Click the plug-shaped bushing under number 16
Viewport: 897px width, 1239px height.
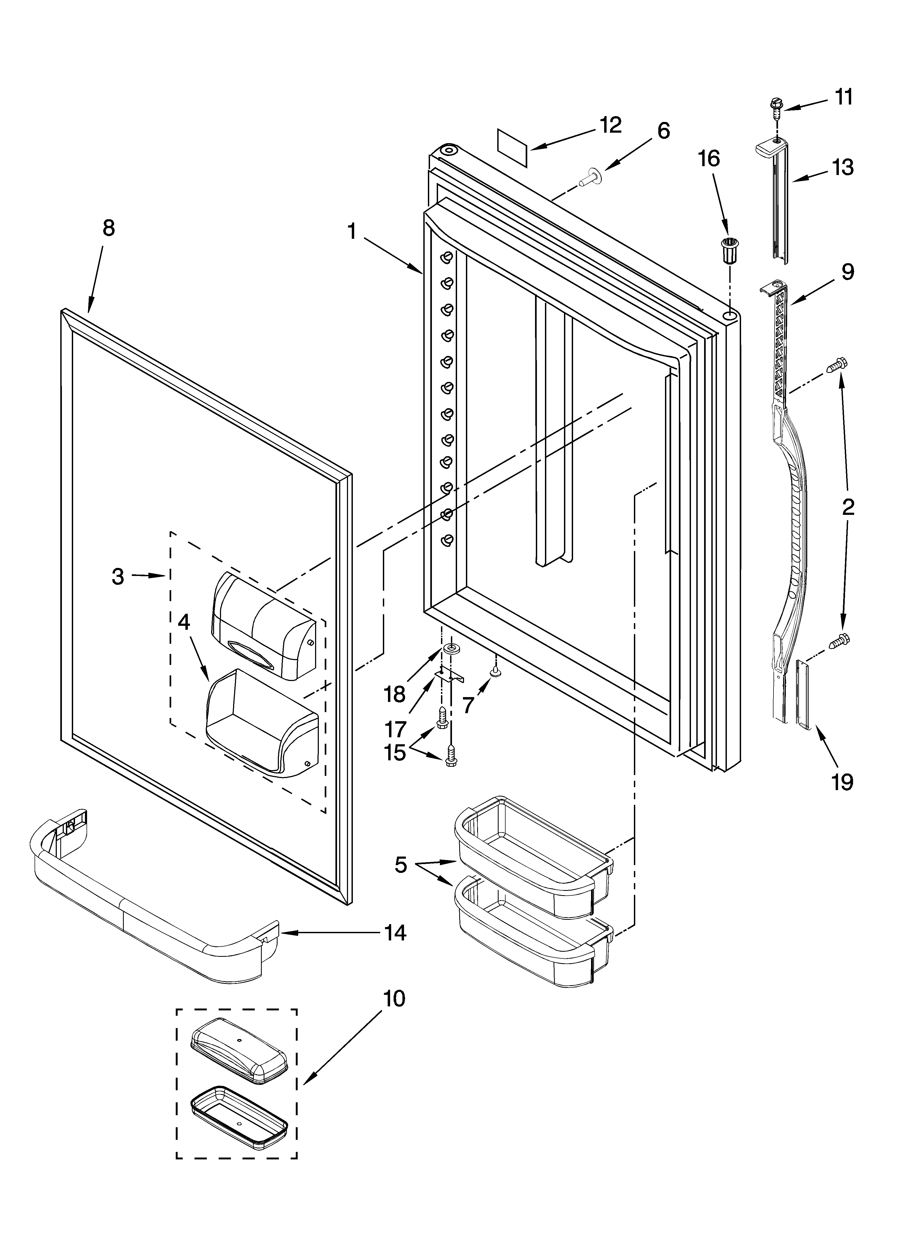pyautogui.click(x=729, y=251)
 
